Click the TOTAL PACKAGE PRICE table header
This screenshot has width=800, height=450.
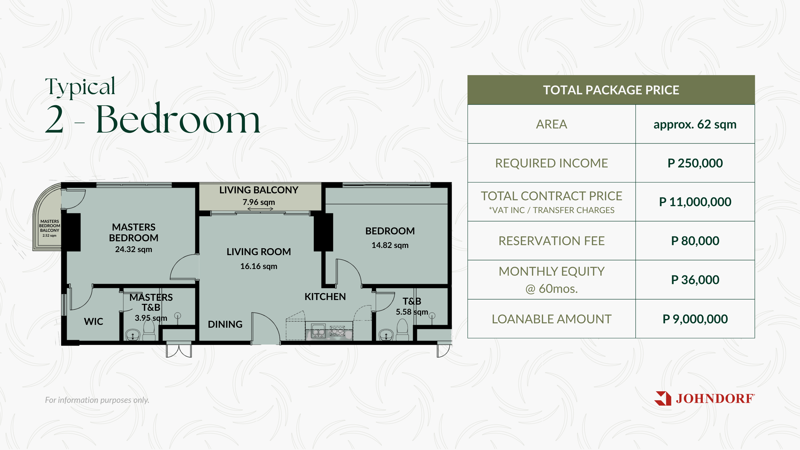[611, 90]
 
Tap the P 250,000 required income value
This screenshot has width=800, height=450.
[695, 163]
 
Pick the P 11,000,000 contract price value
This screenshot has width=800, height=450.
[695, 202]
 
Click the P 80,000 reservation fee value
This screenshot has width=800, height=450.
[695, 241]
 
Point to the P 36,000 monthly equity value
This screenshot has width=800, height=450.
[695, 280]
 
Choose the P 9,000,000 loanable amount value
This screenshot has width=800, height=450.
[695, 319]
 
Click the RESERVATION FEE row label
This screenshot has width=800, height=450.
[552, 241]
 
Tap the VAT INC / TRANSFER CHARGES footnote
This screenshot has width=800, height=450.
[552, 210]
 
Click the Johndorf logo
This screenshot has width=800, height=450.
[704, 398]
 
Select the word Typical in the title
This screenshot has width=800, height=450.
[80, 87]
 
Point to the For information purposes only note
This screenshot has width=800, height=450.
[97, 400]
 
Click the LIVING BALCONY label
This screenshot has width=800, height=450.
[259, 190]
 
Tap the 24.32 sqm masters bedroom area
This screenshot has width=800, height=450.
[134, 249]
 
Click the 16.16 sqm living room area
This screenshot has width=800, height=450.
[259, 266]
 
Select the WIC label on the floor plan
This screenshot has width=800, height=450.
[94, 322]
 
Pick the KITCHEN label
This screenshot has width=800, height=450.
[325, 297]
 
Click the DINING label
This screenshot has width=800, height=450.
[225, 324]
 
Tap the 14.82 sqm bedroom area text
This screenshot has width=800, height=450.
[390, 245]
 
